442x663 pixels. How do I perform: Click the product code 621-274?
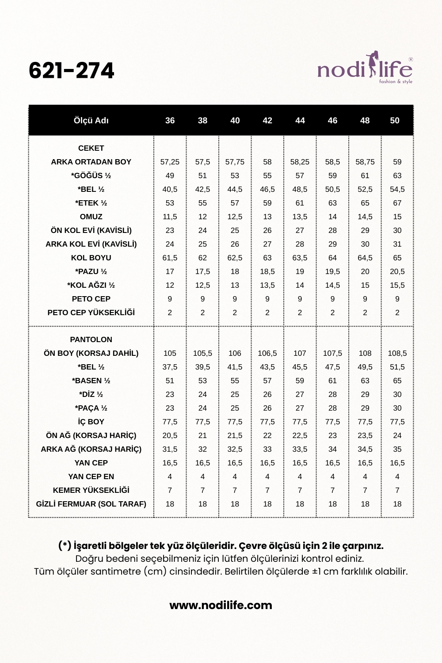(72, 71)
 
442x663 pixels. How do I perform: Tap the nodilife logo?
(365, 68)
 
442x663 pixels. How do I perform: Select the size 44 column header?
(300, 121)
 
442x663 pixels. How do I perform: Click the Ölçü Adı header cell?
(91, 121)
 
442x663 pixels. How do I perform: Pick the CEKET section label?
(91, 148)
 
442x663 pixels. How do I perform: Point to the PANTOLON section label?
(91, 339)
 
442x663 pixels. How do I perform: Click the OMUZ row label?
(91, 217)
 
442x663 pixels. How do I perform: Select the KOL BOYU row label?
(91, 258)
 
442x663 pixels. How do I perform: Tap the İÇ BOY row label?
(91, 422)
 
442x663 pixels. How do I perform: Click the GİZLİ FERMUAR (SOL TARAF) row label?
(91, 504)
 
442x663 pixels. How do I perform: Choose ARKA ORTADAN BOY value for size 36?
(170, 162)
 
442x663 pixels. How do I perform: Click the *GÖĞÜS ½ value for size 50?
(397, 175)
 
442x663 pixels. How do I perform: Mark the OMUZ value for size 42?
(267, 217)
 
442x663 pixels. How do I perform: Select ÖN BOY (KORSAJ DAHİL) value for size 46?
(332, 353)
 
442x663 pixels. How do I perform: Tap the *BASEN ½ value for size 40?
(235, 381)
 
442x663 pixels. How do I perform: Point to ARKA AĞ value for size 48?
(365, 449)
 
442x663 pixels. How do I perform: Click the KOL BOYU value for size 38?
(202, 258)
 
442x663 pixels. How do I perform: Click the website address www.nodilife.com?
(221, 605)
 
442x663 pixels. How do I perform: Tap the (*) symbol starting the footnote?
(65, 546)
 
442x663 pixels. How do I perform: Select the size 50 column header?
(395, 121)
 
